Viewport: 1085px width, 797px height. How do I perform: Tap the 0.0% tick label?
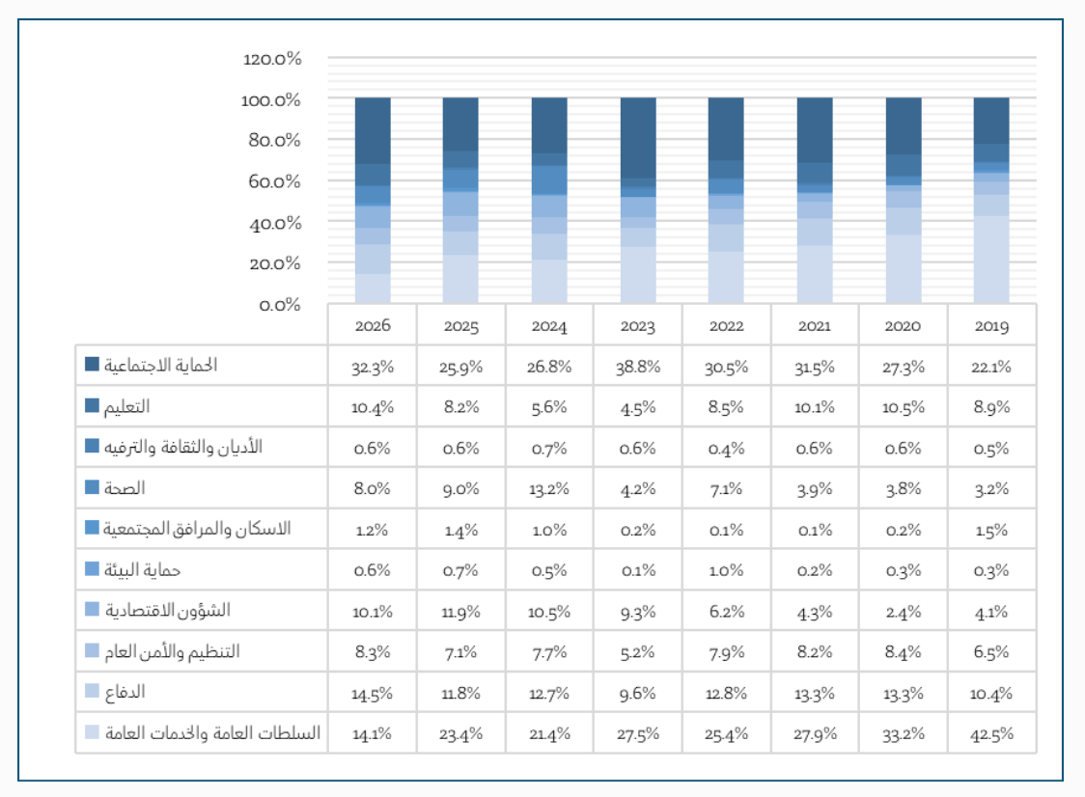pos(281,305)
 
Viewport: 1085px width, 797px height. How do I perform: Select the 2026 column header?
pos(372,326)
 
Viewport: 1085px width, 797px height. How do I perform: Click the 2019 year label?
pos(991,326)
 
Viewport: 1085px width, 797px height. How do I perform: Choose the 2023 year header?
pos(637,326)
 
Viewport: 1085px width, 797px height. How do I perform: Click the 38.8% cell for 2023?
pos(637,367)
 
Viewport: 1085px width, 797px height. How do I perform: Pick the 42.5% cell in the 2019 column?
pos(991,733)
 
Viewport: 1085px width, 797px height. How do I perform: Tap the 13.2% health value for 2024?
pos(549,489)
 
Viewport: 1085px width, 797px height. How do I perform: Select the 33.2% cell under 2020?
pos(903,733)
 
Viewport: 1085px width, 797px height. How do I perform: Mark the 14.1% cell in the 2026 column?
pos(372,733)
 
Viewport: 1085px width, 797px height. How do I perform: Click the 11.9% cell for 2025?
pos(460,611)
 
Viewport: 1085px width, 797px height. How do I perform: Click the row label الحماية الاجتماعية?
pos(162,365)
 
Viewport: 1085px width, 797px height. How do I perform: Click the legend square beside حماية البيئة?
pos(92,569)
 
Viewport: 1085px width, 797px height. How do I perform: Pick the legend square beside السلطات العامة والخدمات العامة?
pos(92,732)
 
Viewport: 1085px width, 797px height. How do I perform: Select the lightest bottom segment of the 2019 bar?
pos(991,259)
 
